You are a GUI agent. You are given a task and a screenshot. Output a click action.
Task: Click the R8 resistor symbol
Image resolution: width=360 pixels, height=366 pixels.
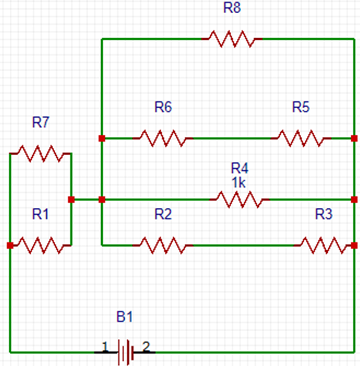232,39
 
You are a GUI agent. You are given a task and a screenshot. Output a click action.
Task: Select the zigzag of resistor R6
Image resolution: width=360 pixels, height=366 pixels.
163,138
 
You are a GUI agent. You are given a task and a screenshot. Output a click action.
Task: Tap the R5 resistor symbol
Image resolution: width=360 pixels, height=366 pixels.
301,138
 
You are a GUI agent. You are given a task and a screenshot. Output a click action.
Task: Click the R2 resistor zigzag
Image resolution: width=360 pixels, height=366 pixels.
163,245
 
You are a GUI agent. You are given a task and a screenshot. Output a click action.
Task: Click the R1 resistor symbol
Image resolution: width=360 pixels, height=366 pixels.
40,245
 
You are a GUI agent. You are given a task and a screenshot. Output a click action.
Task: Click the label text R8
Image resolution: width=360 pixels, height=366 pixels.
232,9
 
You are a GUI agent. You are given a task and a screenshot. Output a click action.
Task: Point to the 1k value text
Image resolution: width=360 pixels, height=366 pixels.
238,182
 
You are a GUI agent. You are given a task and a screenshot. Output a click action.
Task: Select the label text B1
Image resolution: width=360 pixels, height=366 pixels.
124,317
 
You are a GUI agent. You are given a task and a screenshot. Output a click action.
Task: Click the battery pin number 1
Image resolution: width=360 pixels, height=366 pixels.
105,347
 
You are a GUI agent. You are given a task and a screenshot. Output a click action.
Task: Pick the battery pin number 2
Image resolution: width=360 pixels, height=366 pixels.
146,347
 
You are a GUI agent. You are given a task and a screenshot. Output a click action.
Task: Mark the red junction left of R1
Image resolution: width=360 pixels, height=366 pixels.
10,246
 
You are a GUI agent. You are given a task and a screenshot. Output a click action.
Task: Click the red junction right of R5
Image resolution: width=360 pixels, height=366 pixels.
353,138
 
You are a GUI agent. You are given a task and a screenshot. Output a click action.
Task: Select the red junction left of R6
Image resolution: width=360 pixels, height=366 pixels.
102,138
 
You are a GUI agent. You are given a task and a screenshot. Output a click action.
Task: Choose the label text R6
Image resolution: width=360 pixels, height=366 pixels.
163,107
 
